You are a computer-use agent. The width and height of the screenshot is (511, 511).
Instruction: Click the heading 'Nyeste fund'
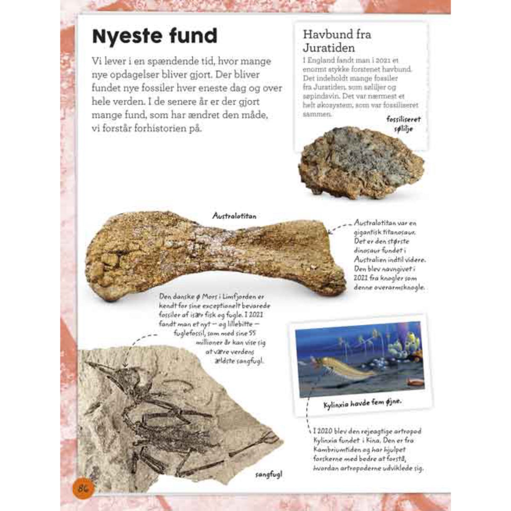click(x=154, y=36)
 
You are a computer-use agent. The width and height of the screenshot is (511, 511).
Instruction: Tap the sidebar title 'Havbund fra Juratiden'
click(x=337, y=40)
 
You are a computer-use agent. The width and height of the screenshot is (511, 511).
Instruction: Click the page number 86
click(x=83, y=489)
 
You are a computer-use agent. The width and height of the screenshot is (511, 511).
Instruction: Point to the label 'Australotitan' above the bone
click(x=234, y=216)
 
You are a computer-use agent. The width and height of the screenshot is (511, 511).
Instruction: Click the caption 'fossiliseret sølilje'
click(x=403, y=124)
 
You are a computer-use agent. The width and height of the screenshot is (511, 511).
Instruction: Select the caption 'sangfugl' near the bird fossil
click(x=269, y=475)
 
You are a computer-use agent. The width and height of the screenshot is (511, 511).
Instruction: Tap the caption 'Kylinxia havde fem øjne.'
click(x=362, y=403)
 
